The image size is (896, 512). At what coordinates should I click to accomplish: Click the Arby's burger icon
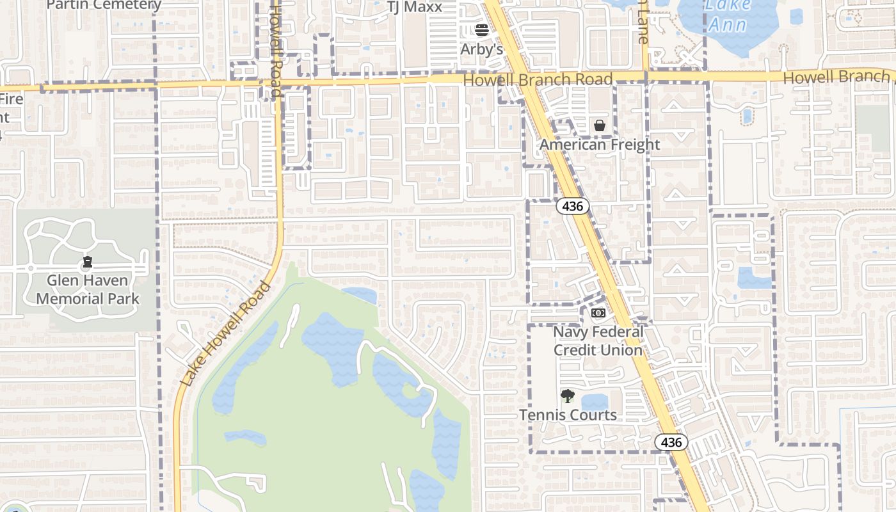482,29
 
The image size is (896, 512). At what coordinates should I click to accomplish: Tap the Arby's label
482,49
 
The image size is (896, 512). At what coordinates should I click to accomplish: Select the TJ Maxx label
415,6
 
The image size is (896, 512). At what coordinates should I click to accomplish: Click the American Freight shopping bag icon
600,125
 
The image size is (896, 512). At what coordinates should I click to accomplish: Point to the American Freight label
600,145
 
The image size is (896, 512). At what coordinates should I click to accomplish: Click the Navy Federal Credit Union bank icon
598,313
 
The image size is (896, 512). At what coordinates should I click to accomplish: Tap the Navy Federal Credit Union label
598,341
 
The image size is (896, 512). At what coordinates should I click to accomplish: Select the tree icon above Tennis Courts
568,396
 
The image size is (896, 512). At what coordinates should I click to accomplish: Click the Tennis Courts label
568,415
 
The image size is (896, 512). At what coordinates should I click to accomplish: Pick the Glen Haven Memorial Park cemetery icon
88,262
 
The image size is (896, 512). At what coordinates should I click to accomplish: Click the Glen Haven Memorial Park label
88,289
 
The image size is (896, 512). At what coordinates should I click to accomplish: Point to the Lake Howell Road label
225,333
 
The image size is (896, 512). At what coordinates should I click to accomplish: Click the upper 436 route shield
572,206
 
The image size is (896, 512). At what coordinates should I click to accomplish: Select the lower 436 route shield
671,442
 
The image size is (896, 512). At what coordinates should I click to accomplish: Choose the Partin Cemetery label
104,5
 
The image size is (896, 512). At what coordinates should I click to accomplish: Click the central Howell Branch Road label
538,80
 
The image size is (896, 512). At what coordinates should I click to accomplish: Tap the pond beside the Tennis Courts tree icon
595,402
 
